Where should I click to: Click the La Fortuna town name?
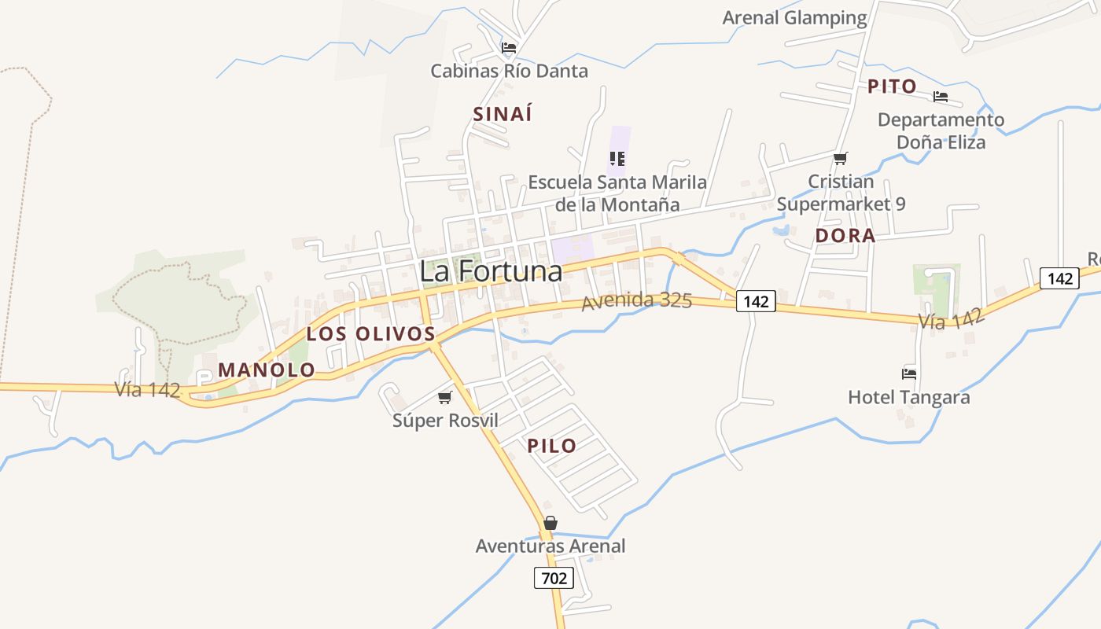click(x=491, y=271)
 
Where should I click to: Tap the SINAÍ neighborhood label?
click(x=503, y=114)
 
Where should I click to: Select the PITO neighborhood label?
click(x=892, y=86)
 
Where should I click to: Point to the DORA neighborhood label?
click(x=845, y=236)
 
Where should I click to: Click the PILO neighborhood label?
click(x=552, y=446)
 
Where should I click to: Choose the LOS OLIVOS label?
click(x=371, y=333)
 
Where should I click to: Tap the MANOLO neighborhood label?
click(x=267, y=370)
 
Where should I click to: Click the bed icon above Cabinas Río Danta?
click(x=509, y=48)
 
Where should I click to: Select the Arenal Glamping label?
click(x=794, y=17)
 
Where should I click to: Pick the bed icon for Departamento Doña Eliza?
click(x=941, y=97)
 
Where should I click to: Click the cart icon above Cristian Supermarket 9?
click(x=841, y=158)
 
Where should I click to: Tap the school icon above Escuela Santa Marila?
click(x=617, y=159)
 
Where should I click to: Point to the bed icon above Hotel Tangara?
click(x=909, y=373)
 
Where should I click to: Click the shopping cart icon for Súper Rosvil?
click(x=445, y=397)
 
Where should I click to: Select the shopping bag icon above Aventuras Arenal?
click(x=550, y=523)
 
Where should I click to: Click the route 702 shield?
click(x=554, y=579)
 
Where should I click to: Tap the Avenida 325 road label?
click(x=637, y=301)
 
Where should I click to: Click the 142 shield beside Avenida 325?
click(x=756, y=300)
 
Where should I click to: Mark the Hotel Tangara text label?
click(x=908, y=397)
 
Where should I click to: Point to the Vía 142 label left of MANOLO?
click(x=148, y=389)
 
